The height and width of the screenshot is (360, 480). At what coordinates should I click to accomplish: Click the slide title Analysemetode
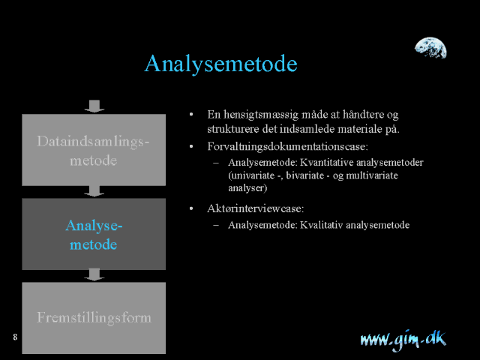220,64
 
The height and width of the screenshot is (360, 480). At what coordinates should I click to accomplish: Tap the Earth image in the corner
430,48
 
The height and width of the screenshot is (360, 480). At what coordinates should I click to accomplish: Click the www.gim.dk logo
403,340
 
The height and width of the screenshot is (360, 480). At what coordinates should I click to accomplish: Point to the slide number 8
15,337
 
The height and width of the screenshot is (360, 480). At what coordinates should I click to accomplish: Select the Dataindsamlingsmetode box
94,150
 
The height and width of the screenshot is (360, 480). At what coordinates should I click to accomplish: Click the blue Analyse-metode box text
94,235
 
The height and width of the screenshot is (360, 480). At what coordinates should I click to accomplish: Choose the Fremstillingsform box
94,318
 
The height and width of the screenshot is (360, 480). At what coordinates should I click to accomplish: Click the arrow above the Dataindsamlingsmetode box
94,106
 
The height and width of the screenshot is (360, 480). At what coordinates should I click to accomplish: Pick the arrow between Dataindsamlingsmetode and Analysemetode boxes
94,190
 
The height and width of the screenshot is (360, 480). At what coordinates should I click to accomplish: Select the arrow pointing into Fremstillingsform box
94,274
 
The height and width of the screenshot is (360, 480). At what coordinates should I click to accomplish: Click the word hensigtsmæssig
261,115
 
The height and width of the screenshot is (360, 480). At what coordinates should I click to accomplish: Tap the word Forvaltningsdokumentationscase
287,147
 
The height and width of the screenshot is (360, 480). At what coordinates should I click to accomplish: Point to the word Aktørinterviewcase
255,208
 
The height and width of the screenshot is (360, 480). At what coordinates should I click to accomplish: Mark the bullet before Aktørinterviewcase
191,208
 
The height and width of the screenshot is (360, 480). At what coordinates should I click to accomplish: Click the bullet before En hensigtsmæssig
191,115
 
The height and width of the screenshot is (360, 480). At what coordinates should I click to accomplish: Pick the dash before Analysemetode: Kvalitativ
216,225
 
